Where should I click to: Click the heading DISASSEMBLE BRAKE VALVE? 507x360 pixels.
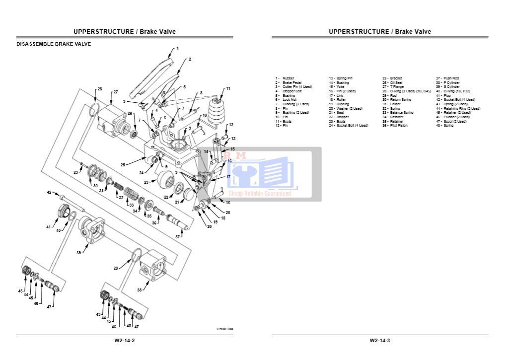[54, 44]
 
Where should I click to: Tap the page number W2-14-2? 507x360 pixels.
[124, 340]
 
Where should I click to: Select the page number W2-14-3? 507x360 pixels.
[380, 340]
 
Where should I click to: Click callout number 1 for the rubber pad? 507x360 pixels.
[178, 48]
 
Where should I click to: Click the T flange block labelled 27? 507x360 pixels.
[113, 123]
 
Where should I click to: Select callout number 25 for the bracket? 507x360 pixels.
[123, 164]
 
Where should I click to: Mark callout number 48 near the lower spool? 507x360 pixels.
[128, 326]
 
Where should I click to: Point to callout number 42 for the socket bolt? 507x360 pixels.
[49, 192]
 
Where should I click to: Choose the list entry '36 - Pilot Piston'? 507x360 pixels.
[395, 126]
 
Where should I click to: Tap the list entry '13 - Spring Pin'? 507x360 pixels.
[341, 78]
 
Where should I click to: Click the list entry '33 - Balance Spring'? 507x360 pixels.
[397, 113]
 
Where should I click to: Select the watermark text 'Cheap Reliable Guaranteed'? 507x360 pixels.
[259, 193]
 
